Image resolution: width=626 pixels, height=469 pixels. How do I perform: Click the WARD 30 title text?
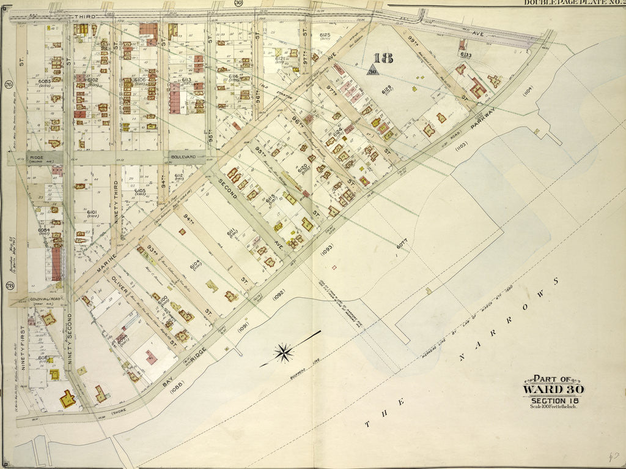[553, 389]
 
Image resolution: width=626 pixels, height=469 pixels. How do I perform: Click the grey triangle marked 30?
[372, 70]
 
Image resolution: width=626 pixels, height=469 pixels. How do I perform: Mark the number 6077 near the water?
[401, 244]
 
